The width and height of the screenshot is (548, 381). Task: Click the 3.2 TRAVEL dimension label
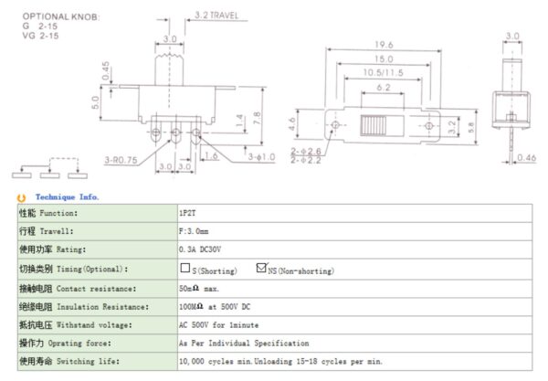[216, 16]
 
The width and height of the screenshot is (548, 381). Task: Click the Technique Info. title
[68, 196]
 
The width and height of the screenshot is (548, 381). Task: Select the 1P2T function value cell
[188, 212]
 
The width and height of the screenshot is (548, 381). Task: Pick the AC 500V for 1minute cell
[221, 323]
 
